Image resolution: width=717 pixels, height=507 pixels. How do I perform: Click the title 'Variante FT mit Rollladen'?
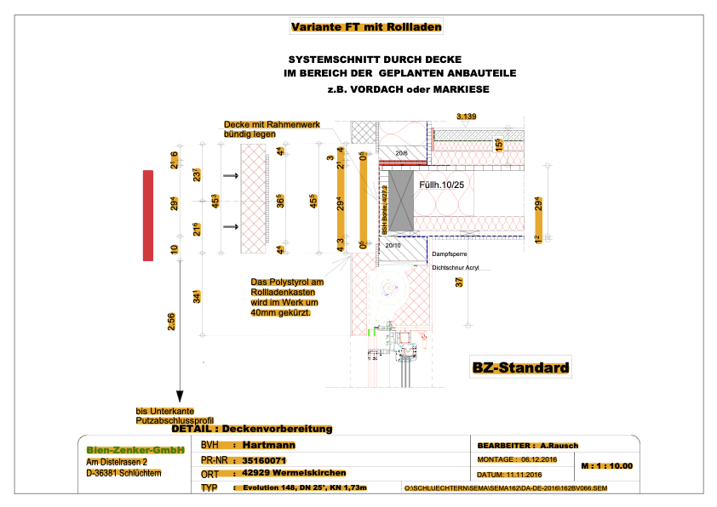click(366, 27)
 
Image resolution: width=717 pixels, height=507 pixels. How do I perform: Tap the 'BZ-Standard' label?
click(520, 368)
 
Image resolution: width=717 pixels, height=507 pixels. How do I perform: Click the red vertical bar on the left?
click(148, 215)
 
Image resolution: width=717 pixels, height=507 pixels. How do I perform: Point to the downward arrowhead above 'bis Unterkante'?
click(179, 396)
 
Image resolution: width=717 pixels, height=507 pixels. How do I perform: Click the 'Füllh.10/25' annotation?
click(441, 185)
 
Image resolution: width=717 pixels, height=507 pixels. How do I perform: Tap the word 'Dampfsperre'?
click(449, 253)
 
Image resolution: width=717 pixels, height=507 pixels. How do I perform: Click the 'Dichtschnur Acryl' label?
click(456, 268)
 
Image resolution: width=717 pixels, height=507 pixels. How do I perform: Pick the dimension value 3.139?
click(467, 116)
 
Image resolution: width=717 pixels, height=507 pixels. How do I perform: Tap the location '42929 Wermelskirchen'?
click(294, 473)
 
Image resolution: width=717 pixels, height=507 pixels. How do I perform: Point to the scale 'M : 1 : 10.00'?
click(606, 466)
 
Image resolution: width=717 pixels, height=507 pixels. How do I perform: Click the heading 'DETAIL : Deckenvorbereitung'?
click(252, 429)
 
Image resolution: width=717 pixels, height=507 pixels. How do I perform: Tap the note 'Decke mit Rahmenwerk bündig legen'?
click(272, 129)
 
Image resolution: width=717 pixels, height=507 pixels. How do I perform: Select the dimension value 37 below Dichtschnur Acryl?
click(459, 283)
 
